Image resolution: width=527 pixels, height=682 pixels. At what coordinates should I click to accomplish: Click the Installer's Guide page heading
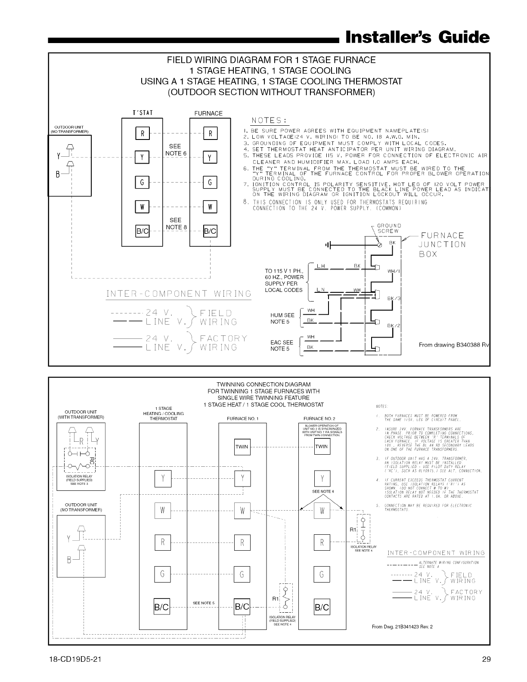(417, 37)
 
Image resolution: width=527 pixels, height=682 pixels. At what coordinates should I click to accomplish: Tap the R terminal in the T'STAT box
(143, 133)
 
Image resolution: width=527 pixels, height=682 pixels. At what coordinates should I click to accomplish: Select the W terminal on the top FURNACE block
(210, 207)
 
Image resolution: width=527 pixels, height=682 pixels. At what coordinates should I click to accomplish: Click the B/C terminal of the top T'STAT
(143, 231)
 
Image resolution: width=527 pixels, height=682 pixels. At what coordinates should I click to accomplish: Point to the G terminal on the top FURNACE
(210, 183)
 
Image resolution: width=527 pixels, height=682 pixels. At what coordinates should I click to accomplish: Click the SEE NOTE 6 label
(175, 150)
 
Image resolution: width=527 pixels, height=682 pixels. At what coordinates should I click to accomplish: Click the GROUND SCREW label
(389, 228)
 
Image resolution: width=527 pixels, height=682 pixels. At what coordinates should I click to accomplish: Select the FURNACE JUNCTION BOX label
(442, 244)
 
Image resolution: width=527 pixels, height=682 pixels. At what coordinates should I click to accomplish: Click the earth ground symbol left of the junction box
(329, 245)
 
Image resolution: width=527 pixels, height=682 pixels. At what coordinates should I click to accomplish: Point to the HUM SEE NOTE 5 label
(282, 318)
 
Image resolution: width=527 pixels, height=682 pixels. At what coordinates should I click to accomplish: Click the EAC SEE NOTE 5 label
(282, 345)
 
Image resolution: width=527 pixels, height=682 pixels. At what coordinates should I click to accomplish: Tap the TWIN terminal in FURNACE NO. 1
(242, 446)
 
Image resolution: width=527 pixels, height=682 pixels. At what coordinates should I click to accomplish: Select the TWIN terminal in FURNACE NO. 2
(322, 446)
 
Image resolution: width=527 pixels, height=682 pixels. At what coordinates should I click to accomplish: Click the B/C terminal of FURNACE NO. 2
(322, 608)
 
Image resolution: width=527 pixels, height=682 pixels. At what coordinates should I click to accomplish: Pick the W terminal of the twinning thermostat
(162, 511)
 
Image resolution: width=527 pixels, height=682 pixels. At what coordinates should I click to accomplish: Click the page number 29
(486, 659)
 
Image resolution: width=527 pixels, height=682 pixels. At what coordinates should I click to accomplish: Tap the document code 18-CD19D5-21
(75, 659)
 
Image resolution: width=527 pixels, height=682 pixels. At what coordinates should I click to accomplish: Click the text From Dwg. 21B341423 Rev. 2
(402, 626)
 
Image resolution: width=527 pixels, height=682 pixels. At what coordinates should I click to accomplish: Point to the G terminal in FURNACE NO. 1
(242, 574)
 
